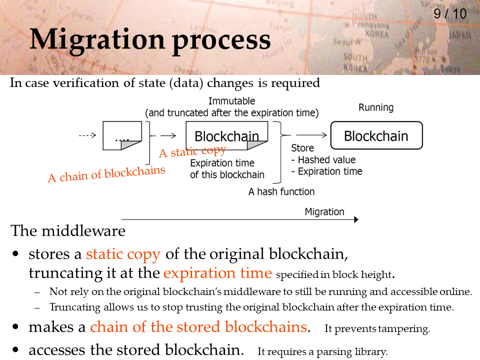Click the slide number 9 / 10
click(450, 14)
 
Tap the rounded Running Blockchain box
click(376, 135)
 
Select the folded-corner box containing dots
click(122, 135)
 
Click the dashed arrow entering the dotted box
click(87, 135)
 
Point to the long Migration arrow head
click(356, 219)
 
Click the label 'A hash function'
click(281, 191)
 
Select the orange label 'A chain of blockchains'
click(106, 174)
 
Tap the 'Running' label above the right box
click(376, 107)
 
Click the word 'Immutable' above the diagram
click(231, 101)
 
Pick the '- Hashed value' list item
click(323, 160)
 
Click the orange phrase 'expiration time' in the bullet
click(217, 273)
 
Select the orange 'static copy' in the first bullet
click(123, 254)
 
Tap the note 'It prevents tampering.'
click(377, 329)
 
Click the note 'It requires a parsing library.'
click(322, 351)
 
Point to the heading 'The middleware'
click(68, 231)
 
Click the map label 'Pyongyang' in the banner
click(370, 24)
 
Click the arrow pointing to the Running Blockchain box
click(311, 135)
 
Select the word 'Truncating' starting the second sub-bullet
click(75, 307)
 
